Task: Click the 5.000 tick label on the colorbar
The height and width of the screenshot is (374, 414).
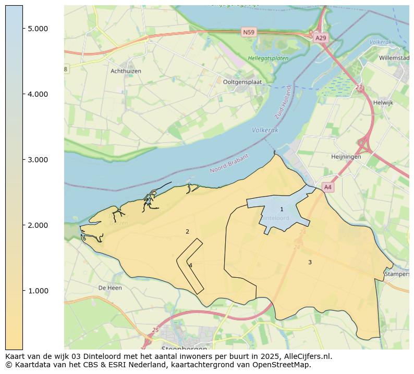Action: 38,29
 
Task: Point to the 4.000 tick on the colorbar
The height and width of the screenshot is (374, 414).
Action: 38,94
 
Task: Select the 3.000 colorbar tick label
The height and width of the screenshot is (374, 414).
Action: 38,160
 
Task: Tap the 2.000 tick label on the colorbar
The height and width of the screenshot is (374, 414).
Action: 38,225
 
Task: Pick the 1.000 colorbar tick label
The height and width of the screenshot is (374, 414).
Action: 38,291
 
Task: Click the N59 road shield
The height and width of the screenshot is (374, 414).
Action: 249,32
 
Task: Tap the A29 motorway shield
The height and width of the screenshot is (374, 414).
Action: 321,38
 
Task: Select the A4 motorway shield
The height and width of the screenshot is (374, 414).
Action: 327,187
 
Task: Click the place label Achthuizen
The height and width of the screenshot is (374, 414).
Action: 126,71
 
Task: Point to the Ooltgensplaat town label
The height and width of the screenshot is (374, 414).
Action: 242,82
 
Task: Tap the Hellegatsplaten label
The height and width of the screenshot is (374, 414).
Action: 268,59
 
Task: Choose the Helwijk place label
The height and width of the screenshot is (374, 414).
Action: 383,103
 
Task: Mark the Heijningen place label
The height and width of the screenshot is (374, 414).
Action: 346,157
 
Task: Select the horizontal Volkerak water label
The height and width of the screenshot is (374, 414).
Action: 264,130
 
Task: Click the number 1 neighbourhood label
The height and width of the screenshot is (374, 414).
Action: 282,210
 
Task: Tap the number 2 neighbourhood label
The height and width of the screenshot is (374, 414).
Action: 187,232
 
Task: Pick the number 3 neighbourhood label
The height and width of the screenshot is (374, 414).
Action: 310,263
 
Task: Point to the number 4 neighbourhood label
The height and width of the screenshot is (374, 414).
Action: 190,265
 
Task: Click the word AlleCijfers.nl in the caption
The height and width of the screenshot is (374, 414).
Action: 303,356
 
